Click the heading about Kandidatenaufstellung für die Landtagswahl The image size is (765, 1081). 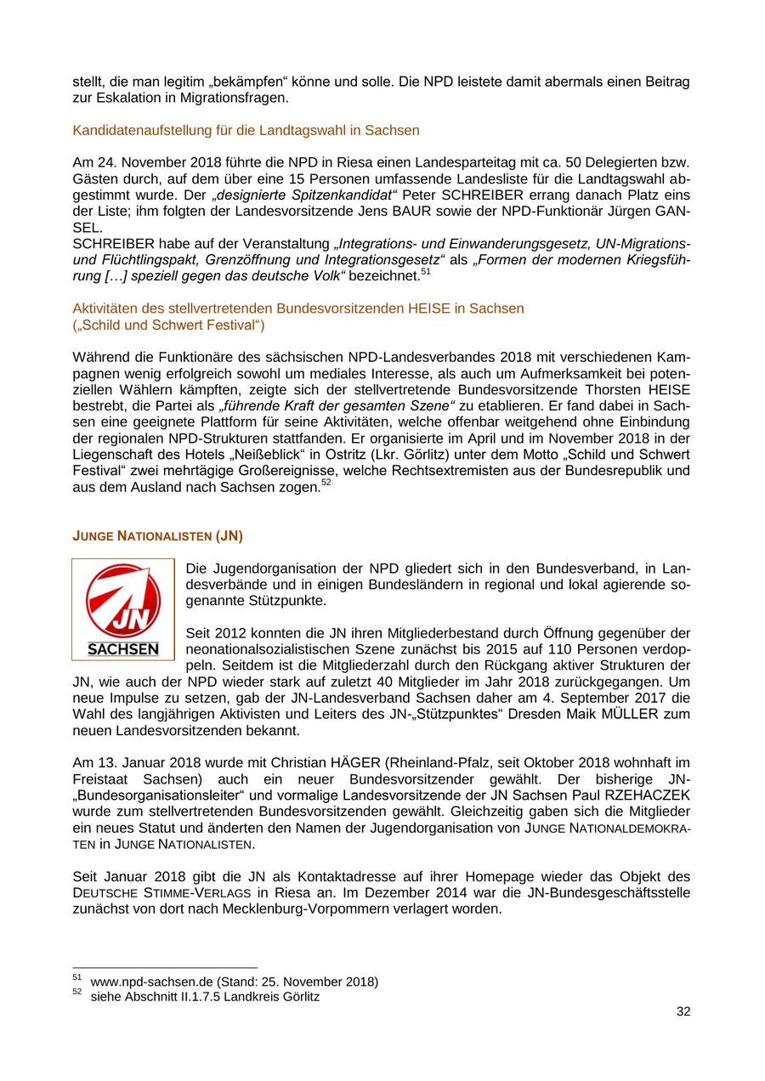[246, 131]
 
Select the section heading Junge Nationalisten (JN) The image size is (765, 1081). [157, 535]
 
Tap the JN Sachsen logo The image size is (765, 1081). [123, 608]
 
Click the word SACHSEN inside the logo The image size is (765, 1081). [123, 649]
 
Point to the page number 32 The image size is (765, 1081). [683, 1011]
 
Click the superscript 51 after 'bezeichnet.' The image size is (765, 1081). [426, 272]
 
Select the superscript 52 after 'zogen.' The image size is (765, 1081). [326, 483]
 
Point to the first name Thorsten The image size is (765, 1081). [609, 390]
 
